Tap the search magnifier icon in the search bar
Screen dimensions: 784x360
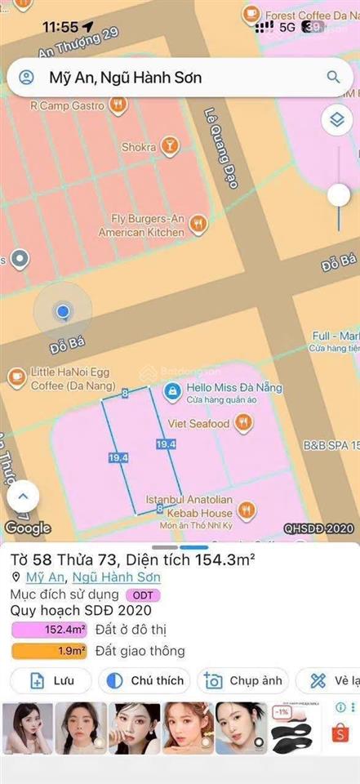[x=333, y=78]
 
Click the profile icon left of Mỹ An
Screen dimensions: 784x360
[x=26, y=78]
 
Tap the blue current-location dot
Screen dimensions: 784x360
[x=62, y=311]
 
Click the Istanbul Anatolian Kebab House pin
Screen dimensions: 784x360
[x=246, y=512]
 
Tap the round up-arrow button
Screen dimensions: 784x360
[x=23, y=496]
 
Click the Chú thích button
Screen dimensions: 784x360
[x=144, y=680]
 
